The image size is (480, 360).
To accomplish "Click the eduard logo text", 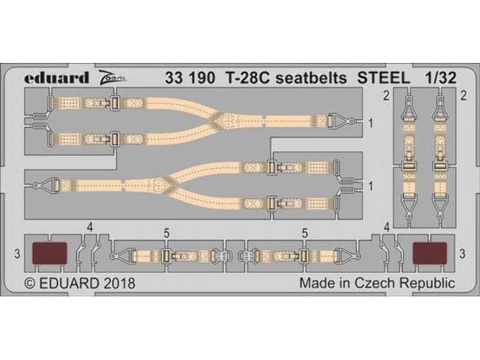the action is coord(56,78).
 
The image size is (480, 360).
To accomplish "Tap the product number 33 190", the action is coord(190,78).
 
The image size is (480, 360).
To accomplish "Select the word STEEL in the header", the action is coord(383,78).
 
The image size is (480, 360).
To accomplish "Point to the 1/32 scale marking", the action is coord(440,78).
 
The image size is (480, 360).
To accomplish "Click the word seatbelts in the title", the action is coord(311,78).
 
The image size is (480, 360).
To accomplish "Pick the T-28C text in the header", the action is coord(248,78).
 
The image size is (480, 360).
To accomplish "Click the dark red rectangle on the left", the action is coord(50,253).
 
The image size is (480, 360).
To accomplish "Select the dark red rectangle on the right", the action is coord(430,253).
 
